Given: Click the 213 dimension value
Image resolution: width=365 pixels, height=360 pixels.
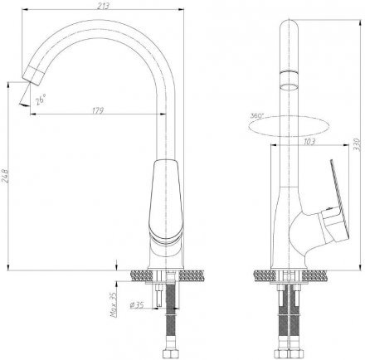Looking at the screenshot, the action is [104, 6].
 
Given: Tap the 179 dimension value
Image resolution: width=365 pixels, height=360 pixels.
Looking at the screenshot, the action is [98, 110].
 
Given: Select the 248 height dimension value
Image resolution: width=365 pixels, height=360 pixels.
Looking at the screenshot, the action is [5, 176].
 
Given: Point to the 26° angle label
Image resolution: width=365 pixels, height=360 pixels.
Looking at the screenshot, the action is [41, 100].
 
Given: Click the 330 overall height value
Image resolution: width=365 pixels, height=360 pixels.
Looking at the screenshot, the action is [358, 144].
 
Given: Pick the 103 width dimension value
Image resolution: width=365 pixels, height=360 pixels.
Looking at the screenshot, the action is [309, 142].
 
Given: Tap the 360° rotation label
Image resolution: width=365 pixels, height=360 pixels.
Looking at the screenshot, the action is [257, 116].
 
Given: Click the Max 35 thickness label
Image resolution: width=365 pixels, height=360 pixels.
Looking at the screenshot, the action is [114, 304].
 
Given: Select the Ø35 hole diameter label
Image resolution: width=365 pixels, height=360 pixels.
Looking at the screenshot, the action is [137, 305].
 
